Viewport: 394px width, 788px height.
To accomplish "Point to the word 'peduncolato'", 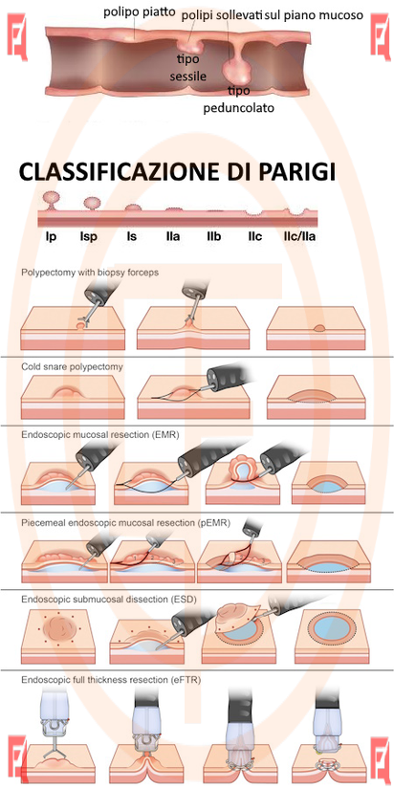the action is [x=239, y=108].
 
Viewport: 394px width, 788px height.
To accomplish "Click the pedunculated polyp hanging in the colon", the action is [x=235, y=69].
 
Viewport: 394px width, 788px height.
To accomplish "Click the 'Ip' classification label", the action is [x=51, y=235].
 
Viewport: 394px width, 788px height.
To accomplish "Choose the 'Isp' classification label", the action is [x=88, y=235].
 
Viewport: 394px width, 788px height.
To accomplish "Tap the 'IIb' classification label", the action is [x=213, y=235].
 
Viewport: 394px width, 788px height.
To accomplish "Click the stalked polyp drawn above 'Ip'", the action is [x=52, y=200].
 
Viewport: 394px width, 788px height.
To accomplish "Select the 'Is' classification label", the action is [x=132, y=235].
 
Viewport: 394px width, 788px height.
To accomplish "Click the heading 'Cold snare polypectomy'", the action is [x=72, y=367].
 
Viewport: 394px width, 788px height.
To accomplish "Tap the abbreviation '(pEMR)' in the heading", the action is [x=213, y=523].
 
